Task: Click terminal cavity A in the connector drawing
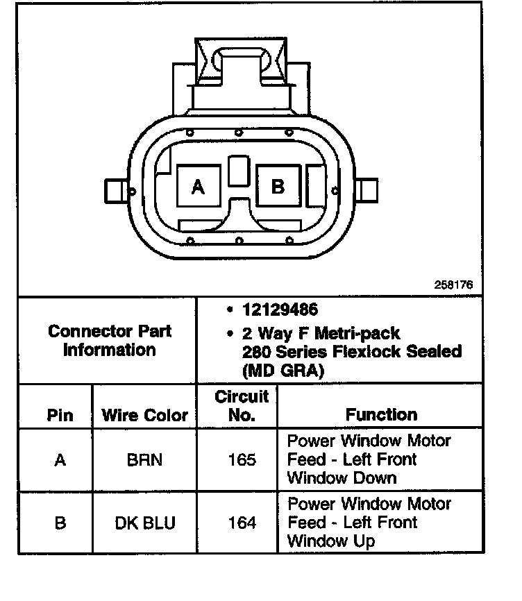199,186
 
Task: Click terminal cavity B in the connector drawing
278,186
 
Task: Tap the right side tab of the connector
369,189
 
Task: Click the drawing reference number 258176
453,285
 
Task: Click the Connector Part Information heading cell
110,340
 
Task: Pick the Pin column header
60,415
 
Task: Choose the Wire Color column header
145,415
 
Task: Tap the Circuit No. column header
242,406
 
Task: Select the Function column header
381,414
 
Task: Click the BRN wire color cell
145,459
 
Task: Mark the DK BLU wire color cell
145,523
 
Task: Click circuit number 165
242,459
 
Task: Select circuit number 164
242,523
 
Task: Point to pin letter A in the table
60,459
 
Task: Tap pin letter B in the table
60,523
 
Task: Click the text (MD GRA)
283,371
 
